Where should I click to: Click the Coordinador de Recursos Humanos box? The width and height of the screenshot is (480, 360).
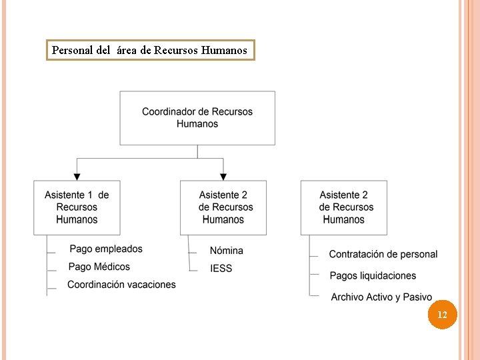(197, 118)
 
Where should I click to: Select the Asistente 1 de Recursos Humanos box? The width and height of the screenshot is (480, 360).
(77, 207)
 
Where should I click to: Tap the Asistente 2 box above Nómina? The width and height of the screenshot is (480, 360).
(223, 207)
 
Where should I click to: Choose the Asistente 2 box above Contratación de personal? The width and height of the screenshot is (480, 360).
(344, 207)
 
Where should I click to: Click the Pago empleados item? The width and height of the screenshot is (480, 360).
(106, 249)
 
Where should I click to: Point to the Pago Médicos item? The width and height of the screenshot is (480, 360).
(99, 267)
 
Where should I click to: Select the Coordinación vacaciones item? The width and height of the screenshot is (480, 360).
(121, 285)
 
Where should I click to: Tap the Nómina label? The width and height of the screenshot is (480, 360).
(227, 251)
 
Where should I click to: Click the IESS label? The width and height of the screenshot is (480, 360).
(221, 269)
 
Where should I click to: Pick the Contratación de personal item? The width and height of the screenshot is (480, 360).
(383, 254)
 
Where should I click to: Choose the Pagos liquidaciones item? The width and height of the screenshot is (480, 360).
(373, 275)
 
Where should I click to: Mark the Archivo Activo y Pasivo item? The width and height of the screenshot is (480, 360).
(381, 297)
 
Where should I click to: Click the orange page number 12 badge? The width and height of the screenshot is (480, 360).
(442, 314)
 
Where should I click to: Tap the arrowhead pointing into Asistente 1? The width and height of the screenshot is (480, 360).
(77, 177)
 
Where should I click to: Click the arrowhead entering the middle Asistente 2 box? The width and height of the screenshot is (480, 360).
(223, 177)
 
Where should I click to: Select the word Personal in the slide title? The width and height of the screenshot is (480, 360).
(71, 50)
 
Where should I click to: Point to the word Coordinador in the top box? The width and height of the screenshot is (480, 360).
(169, 112)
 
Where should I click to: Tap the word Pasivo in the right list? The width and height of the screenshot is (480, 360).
(418, 297)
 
